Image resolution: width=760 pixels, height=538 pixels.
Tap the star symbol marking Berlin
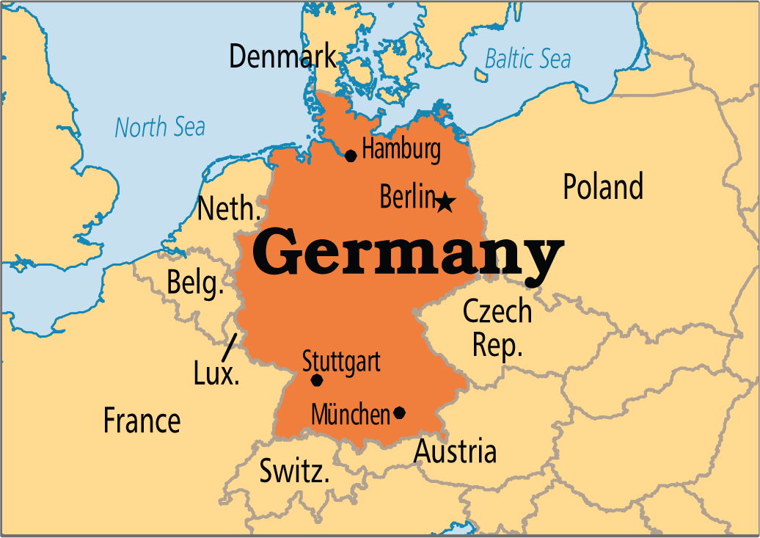click(x=445, y=201)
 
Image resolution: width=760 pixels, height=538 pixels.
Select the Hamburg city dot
click(x=351, y=156)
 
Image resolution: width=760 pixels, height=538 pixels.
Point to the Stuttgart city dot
click(x=317, y=380)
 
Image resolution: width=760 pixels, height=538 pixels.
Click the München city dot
click(x=399, y=412)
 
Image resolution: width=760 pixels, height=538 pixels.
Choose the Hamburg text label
click(x=401, y=149)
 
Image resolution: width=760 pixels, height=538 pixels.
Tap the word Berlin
click(x=407, y=197)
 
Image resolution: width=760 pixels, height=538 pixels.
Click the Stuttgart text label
click(x=341, y=360)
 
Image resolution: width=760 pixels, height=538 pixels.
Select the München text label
click(x=351, y=415)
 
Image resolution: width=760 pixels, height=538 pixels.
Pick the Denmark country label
click(x=283, y=57)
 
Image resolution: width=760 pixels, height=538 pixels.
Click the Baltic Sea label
click(x=527, y=59)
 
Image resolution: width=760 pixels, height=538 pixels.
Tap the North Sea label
click(x=160, y=127)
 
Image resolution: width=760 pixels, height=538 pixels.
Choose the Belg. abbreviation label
click(x=195, y=283)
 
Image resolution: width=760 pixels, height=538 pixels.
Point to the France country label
click(x=142, y=421)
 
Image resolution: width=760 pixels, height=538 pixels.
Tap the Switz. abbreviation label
click(x=294, y=471)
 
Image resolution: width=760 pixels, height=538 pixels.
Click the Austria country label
click(x=455, y=451)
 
